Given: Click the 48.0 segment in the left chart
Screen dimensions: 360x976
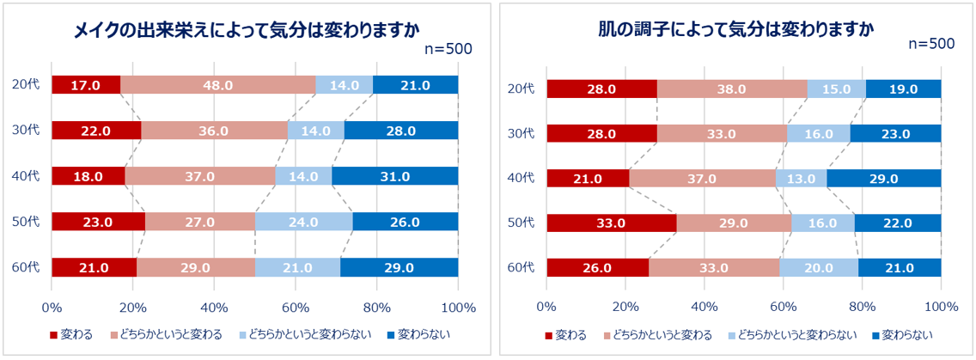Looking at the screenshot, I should (218, 85).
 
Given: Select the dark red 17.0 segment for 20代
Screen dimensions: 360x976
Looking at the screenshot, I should (86, 85).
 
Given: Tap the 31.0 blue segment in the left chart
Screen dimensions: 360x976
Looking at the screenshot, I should (394, 176).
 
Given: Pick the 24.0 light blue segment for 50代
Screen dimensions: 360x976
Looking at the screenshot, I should (303, 222).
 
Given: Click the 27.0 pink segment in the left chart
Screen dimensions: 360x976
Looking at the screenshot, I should (200, 222).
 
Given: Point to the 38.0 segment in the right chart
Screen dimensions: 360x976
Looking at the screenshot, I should (732, 89).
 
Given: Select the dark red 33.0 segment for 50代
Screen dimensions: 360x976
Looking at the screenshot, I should (611, 223).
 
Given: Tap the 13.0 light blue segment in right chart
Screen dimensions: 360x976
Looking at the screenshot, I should (801, 179).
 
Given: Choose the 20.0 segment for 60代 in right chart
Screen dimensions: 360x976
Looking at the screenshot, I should (819, 268).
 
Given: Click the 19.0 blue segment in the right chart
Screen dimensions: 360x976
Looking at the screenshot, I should (904, 89).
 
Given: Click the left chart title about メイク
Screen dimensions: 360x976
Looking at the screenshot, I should (247, 31).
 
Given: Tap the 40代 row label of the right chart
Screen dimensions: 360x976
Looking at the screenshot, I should (521, 179).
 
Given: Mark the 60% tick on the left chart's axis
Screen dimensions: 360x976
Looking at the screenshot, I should (296, 307).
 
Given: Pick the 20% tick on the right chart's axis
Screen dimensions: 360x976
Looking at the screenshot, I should (625, 307).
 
